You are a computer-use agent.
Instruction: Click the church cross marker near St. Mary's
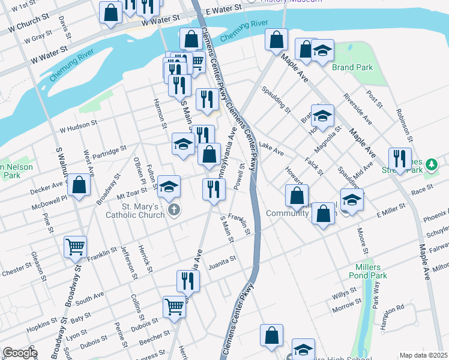point(174,210)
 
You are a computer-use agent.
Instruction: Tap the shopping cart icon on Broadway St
point(76,246)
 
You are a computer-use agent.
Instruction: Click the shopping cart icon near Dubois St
point(175,306)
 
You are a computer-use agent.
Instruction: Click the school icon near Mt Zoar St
point(169,187)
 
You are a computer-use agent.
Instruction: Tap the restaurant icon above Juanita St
point(188,281)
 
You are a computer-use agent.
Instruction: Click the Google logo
point(19,352)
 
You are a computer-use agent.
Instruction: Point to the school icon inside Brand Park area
point(323,52)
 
